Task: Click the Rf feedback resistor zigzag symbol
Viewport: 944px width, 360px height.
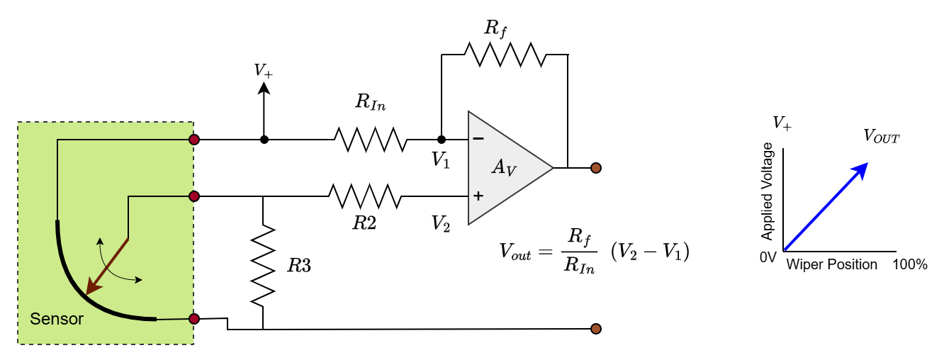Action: pos(505,55)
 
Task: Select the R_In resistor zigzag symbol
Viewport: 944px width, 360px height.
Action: pos(371,139)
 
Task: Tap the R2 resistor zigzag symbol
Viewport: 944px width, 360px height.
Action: pos(365,196)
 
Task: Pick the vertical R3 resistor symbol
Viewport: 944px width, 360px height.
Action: pos(263,265)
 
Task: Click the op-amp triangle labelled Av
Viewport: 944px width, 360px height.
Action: pos(510,168)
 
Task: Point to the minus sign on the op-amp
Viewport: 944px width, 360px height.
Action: pos(478,138)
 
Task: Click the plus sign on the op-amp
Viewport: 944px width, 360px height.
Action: pos(478,196)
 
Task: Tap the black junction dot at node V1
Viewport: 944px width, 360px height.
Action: pos(442,139)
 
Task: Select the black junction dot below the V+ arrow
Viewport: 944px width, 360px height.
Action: pos(264,140)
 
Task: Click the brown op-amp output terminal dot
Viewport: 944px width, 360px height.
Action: pos(595,168)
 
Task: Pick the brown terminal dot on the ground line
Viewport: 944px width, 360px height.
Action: pos(595,329)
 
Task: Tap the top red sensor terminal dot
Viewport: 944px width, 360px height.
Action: pos(194,140)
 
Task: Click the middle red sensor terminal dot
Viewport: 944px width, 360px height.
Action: pos(194,196)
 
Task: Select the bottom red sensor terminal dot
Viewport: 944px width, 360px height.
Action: pos(194,319)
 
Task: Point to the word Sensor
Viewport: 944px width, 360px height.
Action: pos(57,319)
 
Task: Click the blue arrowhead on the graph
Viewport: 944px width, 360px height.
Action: pos(860,171)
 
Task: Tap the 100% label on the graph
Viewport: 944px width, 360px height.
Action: pos(910,265)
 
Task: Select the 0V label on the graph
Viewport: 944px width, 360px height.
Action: pos(768,257)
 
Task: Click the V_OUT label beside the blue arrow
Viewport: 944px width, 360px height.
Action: pos(881,136)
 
